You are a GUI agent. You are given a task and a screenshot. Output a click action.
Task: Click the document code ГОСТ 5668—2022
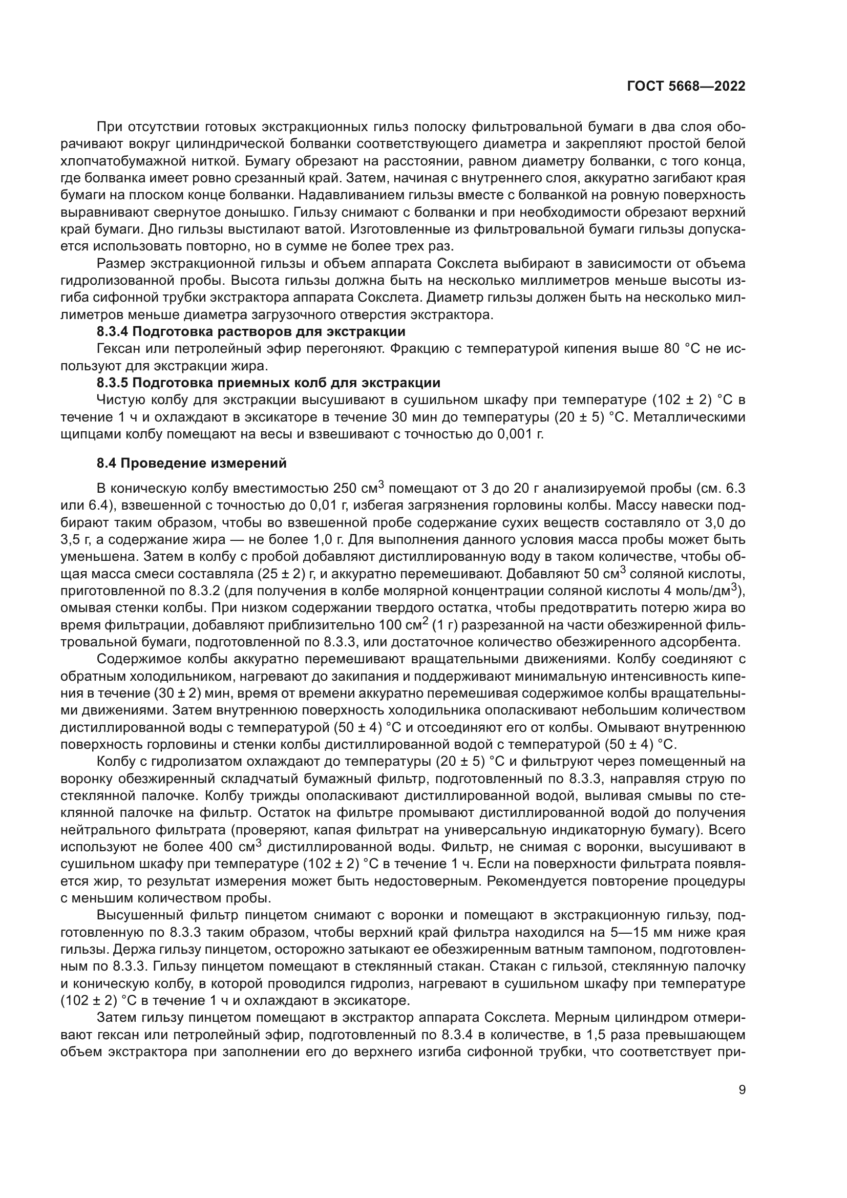pyautogui.click(x=685, y=87)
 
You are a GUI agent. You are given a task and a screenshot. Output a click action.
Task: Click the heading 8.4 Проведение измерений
pyautogui.click(x=192, y=463)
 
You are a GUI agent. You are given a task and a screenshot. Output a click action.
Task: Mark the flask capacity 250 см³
pyautogui.click(x=359, y=489)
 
